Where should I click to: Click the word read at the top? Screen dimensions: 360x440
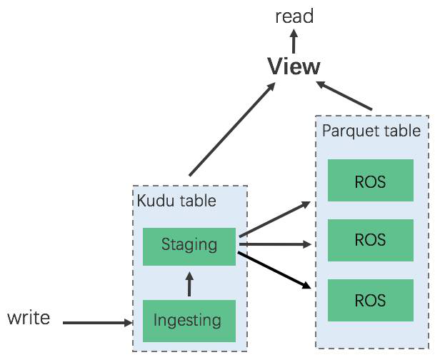[x=294, y=16]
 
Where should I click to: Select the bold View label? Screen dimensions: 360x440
[x=294, y=67]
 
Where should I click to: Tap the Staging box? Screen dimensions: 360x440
[x=189, y=245]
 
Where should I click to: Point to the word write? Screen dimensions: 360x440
[x=29, y=317]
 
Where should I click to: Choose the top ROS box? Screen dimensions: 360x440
[x=370, y=181]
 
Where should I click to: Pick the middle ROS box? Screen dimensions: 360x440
[x=370, y=239]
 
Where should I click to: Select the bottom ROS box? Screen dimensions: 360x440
[x=370, y=299]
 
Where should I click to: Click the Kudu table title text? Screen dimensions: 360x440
[x=176, y=201]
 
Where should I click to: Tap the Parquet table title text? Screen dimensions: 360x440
[x=371, y=131]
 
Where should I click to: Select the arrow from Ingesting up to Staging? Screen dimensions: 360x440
[x=189, y=284]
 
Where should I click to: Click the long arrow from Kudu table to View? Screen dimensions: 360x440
[x=232, y=129]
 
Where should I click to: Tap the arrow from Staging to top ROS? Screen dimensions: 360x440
[x=275, y=219]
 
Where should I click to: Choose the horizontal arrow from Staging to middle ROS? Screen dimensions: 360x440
[x=275, y=244]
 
